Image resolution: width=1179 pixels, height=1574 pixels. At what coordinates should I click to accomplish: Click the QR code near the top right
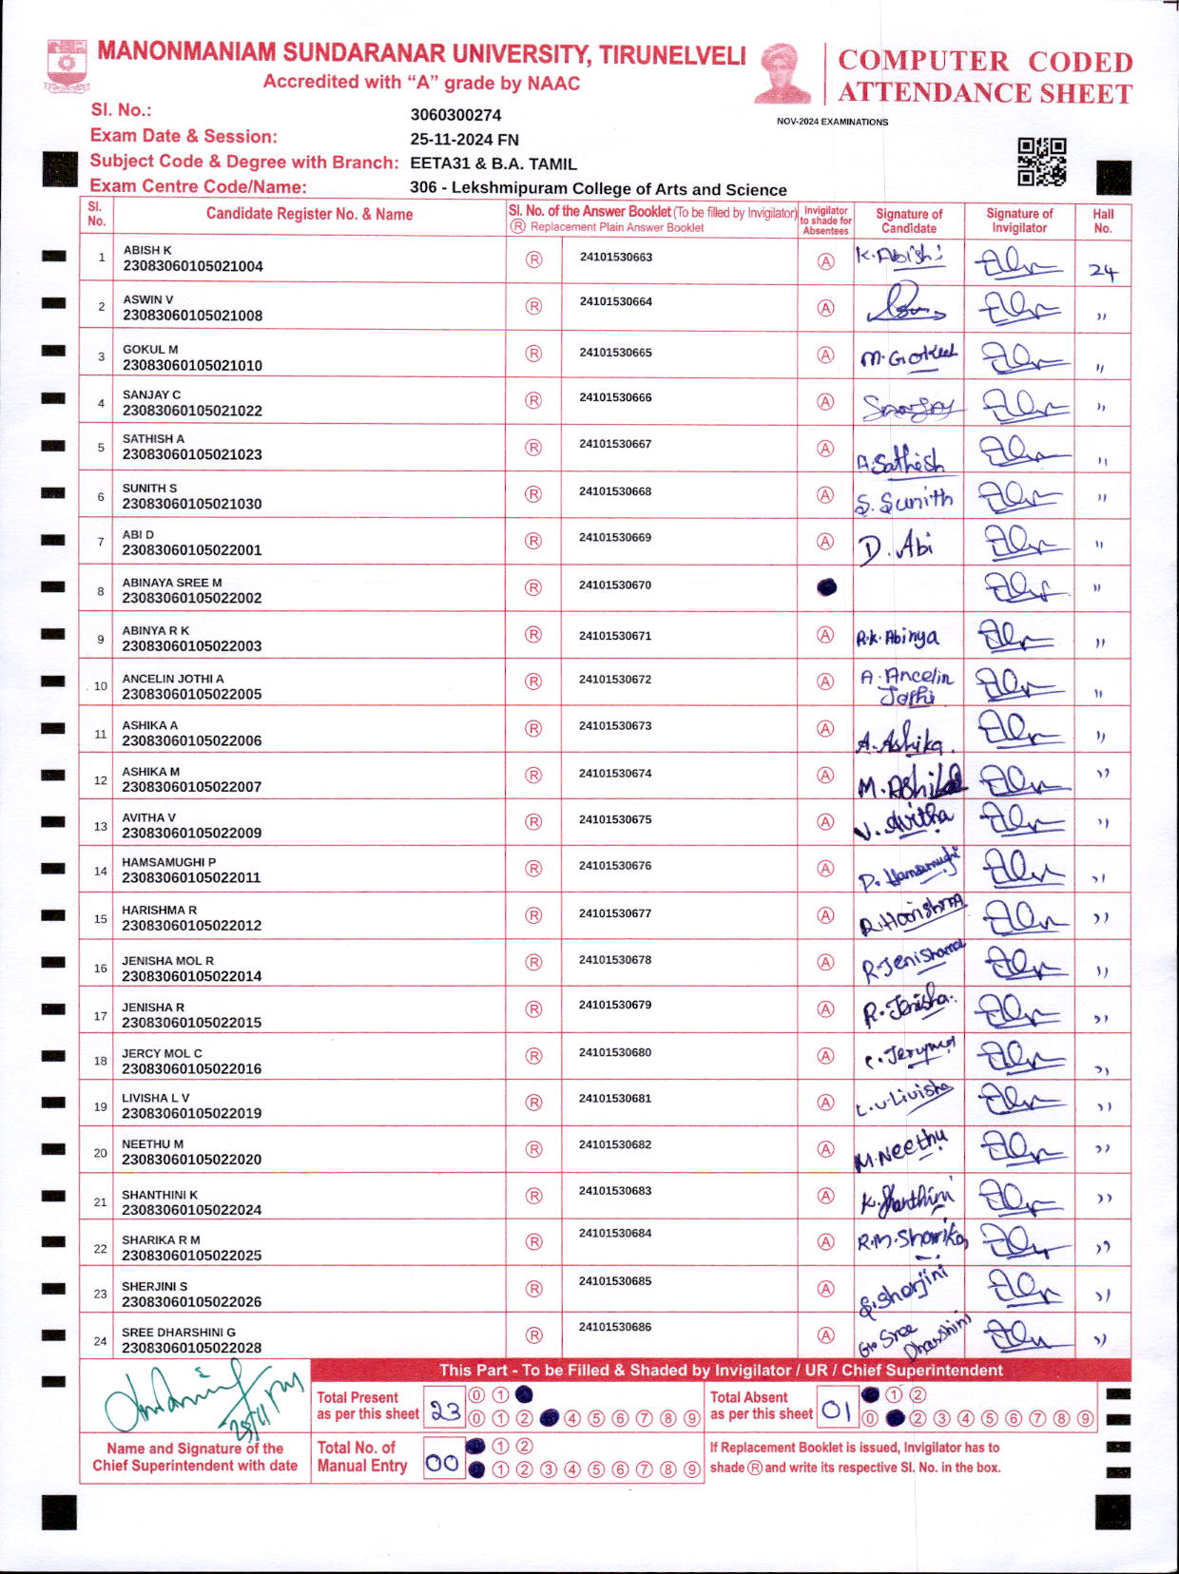pos(1041,162)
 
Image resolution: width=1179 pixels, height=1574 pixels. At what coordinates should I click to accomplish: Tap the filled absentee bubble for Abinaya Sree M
pos(827,587)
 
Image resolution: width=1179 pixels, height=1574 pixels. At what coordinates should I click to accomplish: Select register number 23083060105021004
pos(193,267)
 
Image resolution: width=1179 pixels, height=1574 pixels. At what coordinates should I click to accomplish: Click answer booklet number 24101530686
pos(615,1327)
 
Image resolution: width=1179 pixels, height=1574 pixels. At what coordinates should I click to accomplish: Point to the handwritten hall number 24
pos(1103,273)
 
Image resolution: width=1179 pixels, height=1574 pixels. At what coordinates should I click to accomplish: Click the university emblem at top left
pos(67,66)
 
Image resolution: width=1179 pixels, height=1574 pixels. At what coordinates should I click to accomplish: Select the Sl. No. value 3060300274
pos(455,115)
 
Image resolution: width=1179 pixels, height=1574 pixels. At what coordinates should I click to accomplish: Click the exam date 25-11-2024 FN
pos(464,139)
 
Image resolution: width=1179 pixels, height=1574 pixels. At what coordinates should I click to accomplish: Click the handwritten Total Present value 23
pos(444,1411)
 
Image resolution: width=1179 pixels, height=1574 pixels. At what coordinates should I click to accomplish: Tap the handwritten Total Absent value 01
pos(836,1411)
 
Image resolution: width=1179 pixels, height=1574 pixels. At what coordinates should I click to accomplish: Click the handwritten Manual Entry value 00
pos(442,1463)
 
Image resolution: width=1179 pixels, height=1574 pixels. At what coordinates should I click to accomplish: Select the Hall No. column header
pos(1103,221)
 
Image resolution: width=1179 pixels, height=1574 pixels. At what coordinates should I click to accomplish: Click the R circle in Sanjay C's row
pos(533,401)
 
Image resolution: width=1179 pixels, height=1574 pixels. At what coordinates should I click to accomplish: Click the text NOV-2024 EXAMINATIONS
pos(832,122)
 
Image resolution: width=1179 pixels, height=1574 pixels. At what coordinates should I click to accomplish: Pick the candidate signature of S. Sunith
pos(903,500)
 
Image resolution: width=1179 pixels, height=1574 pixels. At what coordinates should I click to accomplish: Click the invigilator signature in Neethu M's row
pos(1019,1149)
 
